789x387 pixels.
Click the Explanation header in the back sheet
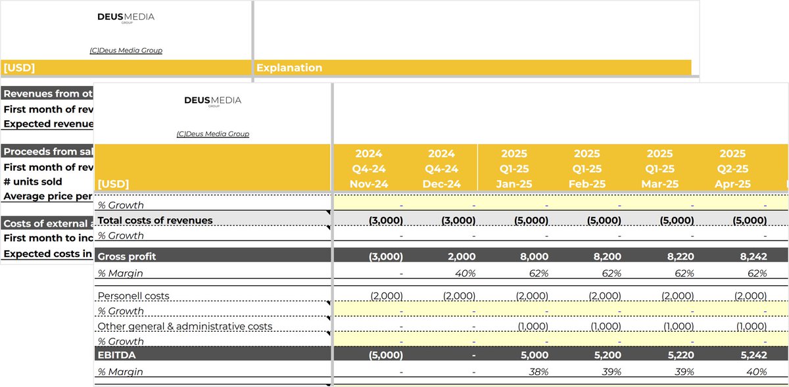tap(289, 68)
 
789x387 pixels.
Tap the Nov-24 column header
tap(369, 184)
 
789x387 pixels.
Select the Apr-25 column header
tap(732, 184)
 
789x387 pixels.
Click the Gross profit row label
tap(126, 256)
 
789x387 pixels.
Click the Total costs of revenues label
tap(155, 220)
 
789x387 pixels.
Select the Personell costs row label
tap(133, 296)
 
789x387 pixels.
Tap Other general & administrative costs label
tap(185, 326)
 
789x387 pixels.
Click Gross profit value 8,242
tap(750, 256)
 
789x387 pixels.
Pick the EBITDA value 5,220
tap(677, 355)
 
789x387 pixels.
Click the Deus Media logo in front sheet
tap(212, 101)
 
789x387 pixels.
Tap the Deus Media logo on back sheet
tap(126, 17)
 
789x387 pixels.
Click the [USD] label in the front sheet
tap(113, 184)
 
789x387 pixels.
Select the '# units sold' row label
tap(33, 181)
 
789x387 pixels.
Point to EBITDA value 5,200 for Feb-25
tap(605, 355)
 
